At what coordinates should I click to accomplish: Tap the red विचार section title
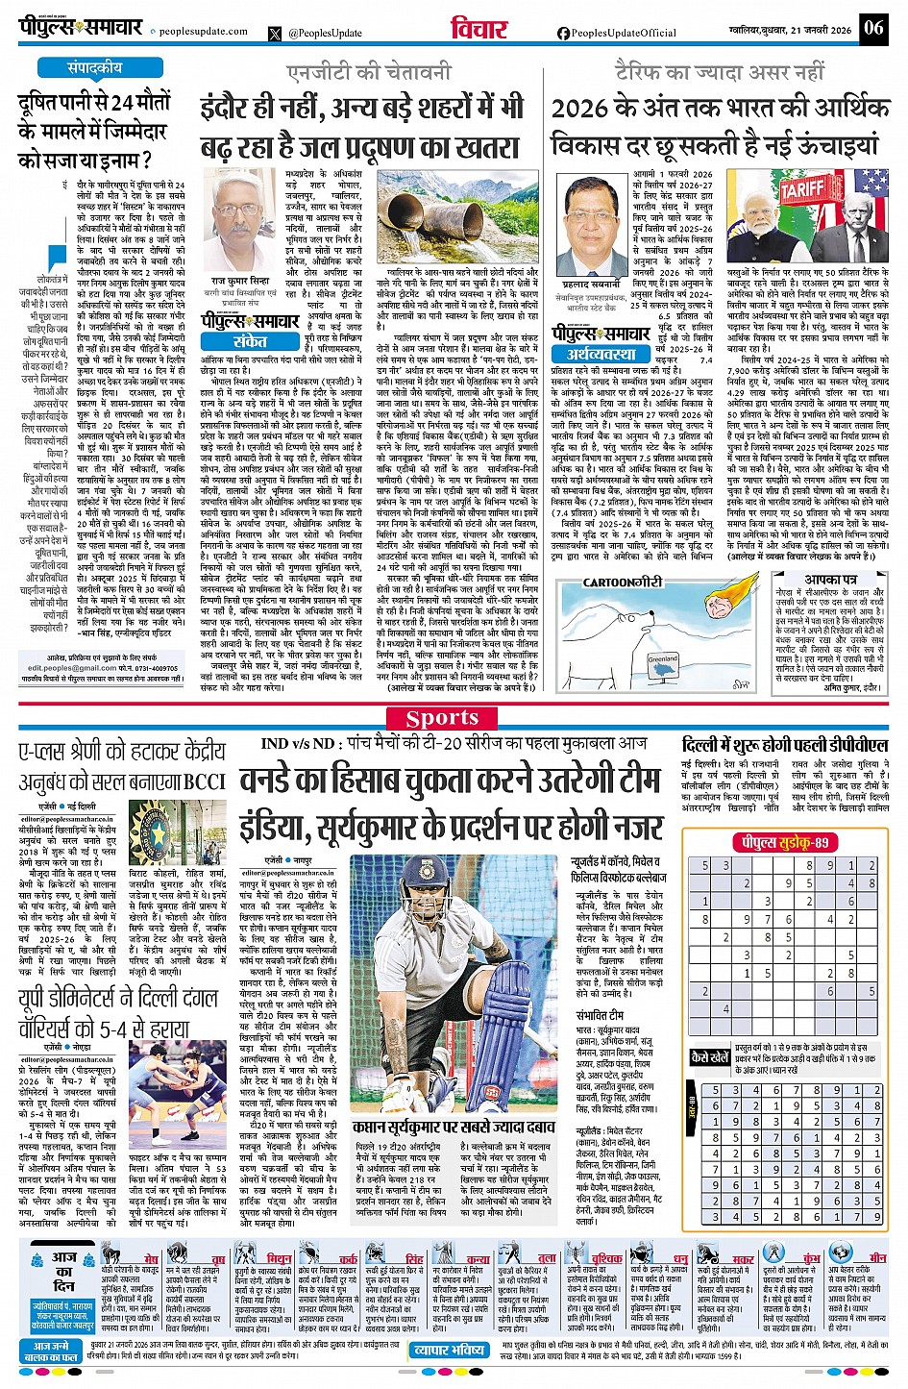coord(479,29)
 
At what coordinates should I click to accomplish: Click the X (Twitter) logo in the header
coord(276,33)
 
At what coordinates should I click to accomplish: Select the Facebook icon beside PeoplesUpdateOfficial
coord(563,33)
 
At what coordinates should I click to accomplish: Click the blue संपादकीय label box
coord(95,68)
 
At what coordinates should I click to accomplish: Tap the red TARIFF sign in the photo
coord(801,188)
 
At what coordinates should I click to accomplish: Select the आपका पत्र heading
coord(831,580)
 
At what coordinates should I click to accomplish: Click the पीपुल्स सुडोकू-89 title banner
coord(783,842)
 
